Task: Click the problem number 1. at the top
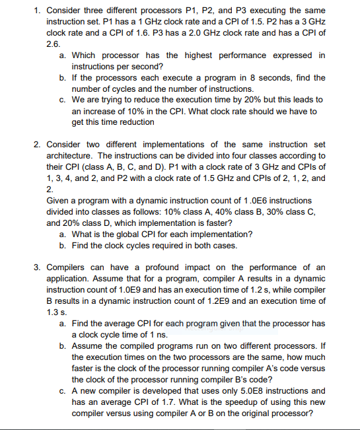click(x=38, y=11)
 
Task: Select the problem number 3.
click(x=38, y=268)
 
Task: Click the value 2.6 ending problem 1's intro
click(x=53, y=43)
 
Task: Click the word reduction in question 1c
click(x=135, y=122)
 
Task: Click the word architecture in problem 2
click(x=72, y=156)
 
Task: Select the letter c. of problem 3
click(x=63, y=390)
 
